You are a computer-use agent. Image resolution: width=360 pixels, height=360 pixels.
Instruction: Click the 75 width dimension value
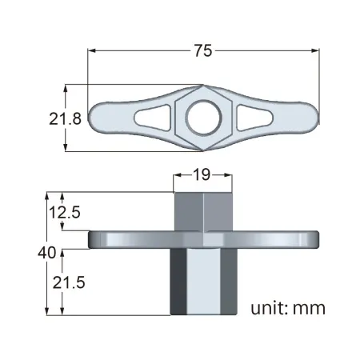[203, 50]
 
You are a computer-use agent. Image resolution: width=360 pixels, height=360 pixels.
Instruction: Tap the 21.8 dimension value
[65, 118]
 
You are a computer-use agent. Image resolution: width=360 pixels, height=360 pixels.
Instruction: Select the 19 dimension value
[202, 174]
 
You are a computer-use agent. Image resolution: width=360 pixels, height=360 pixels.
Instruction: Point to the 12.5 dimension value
[65, 213]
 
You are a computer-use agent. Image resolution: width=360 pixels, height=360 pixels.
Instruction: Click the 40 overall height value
[47, 253]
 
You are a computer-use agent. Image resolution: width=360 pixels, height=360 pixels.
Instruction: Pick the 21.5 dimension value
[69, 282]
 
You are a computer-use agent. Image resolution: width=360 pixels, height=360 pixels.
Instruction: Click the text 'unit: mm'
[288, 308]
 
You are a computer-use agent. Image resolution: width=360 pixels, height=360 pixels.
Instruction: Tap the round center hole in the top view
[204, 118]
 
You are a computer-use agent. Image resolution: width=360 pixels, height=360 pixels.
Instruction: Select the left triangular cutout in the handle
[153, 118]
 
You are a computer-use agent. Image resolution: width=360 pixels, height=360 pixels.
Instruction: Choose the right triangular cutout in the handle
[254, 118]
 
